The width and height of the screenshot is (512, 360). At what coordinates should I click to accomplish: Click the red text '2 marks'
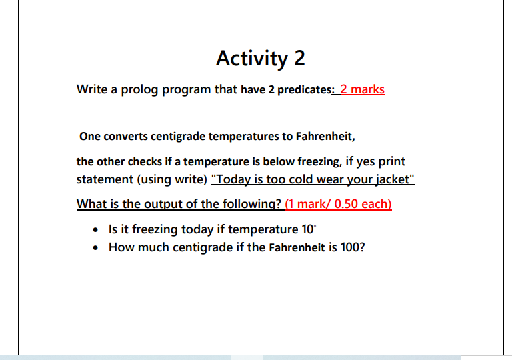click(x=362, y=89)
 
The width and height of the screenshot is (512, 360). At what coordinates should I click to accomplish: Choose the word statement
click(x=105, y=180)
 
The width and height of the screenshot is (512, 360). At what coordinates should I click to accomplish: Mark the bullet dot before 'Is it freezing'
click(x=97, y=230)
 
